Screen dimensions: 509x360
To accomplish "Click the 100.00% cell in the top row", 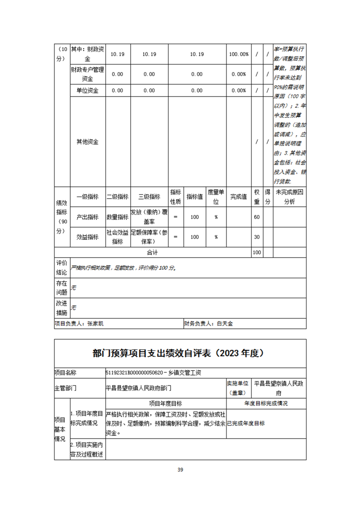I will [x=238, y=54].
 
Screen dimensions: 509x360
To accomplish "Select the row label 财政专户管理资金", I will [x=88, y=74].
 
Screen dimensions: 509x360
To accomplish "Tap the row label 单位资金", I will [x=88, y=90].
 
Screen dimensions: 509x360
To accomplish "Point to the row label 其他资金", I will [x=88, y=142].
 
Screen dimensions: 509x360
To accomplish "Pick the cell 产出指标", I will [x=88, y=217].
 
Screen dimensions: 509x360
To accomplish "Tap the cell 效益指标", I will [x=88, y=237].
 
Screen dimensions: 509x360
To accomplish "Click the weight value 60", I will [x=257, y=217].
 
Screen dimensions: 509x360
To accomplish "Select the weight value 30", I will [x=257, y=237].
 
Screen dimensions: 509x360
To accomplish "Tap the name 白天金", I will [x=225, y=324].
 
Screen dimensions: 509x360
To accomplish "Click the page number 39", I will [x=180, y=470].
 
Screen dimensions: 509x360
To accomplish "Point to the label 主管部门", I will [x=66, y=388].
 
